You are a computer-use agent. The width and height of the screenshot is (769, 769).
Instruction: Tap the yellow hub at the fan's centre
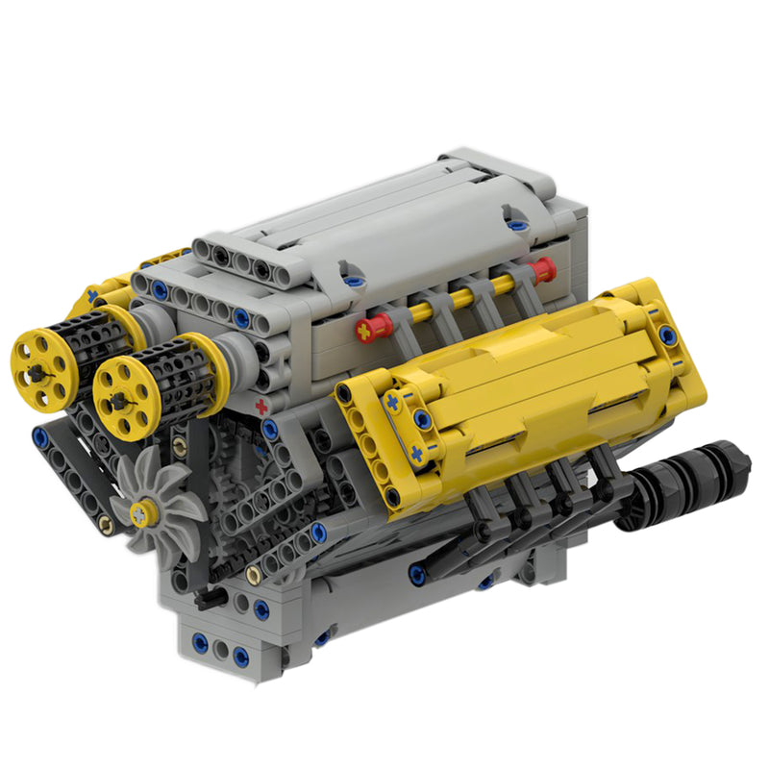click(x=143, y=512)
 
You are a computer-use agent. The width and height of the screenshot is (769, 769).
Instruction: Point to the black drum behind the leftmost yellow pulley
click(x=91, y=341)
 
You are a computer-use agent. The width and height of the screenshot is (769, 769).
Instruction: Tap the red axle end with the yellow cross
click(x=368, y=330)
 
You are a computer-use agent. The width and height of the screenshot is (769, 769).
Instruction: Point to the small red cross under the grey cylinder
click(x=260, y=408)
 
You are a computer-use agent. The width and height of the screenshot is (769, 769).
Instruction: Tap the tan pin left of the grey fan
click(x=105, y=525)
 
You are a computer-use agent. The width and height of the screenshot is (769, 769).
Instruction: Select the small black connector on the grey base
click(x=206, y=597)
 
